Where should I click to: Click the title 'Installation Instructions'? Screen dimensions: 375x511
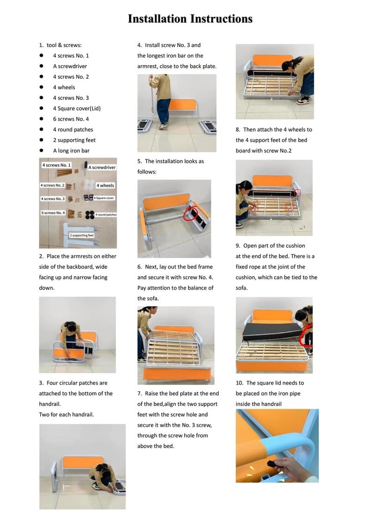point(190,19)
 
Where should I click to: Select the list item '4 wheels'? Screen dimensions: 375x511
point(64,87)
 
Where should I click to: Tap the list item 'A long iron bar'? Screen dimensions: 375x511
point(71,150)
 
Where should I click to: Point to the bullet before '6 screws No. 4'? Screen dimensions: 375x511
point(41,119)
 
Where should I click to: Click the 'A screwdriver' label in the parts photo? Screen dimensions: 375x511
point(102,167)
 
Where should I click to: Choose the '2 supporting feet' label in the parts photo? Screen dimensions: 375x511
point(82,235)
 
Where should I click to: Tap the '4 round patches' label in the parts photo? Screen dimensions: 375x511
point(106,214)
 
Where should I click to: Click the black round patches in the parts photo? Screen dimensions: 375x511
point(90,214)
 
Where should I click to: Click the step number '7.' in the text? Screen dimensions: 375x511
point(140,393)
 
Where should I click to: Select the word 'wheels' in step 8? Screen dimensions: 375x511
point(296,129)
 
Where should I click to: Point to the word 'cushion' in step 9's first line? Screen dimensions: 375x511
point(294,246)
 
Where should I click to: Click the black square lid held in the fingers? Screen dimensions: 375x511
point(273,464)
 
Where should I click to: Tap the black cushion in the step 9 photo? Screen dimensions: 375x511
point(271,331)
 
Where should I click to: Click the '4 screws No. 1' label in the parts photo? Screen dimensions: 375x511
point(56,165)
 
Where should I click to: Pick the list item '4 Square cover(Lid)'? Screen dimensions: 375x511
point(77,108)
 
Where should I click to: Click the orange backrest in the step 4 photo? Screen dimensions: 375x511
point(182,105)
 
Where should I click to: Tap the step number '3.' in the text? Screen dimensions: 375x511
point(41,383)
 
